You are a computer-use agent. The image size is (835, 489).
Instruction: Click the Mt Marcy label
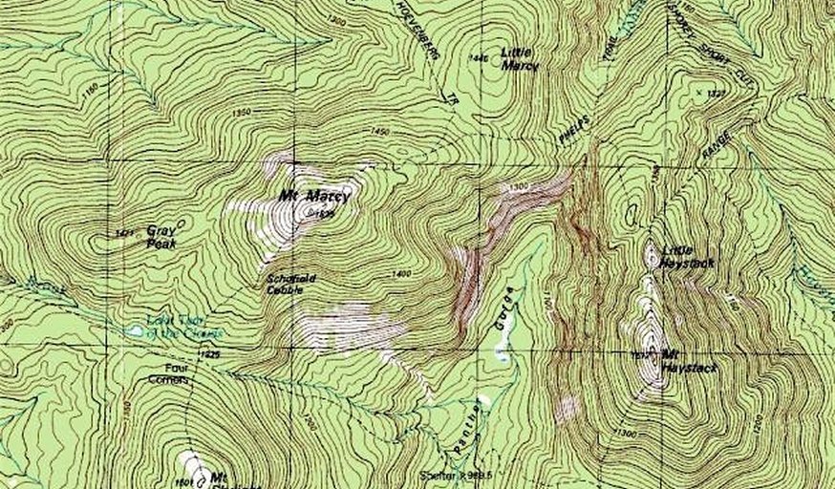coord(315,197)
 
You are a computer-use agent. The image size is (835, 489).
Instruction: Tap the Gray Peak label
coord(161,237)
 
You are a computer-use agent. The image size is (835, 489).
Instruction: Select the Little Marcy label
coord(520,60)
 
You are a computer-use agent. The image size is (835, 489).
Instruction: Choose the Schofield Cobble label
coord(286,284)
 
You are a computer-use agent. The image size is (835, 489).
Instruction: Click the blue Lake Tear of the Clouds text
coord(185,327)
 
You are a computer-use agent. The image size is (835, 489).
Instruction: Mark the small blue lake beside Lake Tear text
coord(136,331)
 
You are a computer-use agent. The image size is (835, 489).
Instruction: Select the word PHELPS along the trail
coord(574,129)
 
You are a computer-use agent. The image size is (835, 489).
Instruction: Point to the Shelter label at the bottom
coord(439,474)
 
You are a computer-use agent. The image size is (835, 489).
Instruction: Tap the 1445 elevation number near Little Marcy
coord(478,58)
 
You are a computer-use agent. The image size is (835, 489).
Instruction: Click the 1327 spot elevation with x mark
coord(713,93)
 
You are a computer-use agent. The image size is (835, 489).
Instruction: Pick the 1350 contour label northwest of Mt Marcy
coord(241,113)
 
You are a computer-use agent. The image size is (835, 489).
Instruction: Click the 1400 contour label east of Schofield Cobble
coord(400,274)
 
